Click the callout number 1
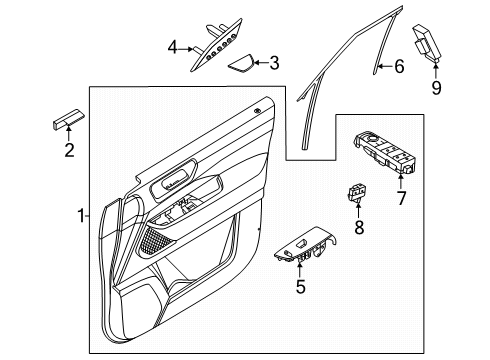click(x=81, y=216)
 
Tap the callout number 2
click(x=69, y=150)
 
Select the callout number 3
click(x=274, y=63)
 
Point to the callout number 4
click(x=172, y=47)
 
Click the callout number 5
click(x=300, y=286)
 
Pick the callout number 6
click(x=399, y=66)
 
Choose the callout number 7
click(x=401, y=198)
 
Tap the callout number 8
click(x=359, y=228)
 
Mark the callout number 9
click(x=436, y=88)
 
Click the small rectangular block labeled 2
click(x=69, y=118)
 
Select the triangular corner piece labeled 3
click(x=241, y=63)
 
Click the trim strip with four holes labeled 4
click(x=217, y=45)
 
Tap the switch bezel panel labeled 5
click(x=305, y=244)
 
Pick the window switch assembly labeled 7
click(x=385, y=152)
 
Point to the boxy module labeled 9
click(x=428, y=43)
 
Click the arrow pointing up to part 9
click(x=436, y=70)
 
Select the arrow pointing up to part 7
click(x=400, y=181)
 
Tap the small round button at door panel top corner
click(x=257, y=111)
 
